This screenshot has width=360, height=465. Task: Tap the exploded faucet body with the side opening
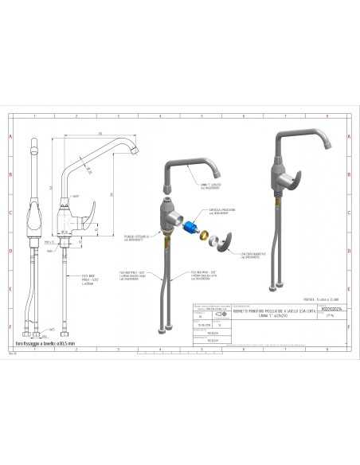pos(169,213)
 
